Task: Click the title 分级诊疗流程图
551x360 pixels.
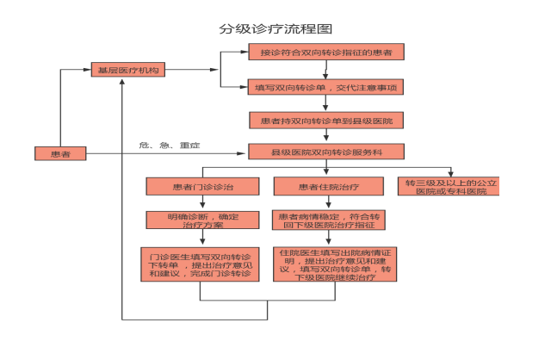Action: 275,28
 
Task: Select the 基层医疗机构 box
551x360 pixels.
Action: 127,71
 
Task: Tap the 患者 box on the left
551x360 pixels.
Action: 60,153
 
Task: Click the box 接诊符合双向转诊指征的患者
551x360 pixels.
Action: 326,53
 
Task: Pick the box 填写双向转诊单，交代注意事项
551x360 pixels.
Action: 326,88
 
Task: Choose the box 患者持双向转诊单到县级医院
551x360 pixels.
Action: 326,121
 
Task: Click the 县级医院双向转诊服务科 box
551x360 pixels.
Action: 326,152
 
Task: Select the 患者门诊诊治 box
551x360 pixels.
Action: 201,186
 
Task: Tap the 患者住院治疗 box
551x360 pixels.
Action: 328,186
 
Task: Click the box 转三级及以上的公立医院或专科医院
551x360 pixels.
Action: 451,186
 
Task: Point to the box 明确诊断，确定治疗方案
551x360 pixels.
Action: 201,220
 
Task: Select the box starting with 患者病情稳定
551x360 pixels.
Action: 328,220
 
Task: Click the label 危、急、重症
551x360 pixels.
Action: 170,145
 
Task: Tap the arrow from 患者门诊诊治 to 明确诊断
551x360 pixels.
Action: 201,203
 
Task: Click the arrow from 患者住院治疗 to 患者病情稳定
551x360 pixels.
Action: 328,203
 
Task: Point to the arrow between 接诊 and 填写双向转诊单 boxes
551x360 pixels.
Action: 325,71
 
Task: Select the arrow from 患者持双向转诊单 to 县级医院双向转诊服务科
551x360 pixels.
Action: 325,136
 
